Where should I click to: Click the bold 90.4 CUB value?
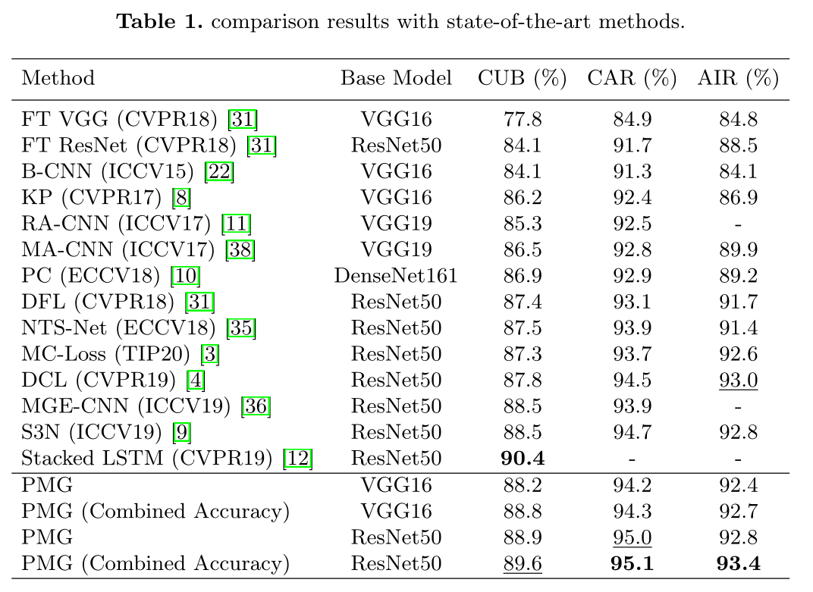pos(523,458)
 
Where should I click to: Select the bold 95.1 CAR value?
pos(632,563)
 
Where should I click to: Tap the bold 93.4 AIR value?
pos(738,563)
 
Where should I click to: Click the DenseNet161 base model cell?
pos(396,275)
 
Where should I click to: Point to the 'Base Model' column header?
pos(396,78)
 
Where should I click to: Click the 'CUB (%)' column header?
pos(523,78)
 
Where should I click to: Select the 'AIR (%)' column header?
pos(738,78)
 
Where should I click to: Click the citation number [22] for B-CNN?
pos(221,171)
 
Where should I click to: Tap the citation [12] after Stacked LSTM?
pos(297,458)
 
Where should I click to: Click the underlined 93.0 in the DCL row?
pos(738,380)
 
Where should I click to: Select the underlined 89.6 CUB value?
pos(523,563)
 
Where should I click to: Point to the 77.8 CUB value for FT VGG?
pos(523,119)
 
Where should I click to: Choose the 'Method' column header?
pos(58,78)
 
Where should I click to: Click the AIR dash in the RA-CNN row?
pos(738,224)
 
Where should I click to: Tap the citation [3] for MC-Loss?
pos(210,354)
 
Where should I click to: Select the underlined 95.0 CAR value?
pos(632,537)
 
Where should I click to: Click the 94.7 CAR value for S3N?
pos(632,432)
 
